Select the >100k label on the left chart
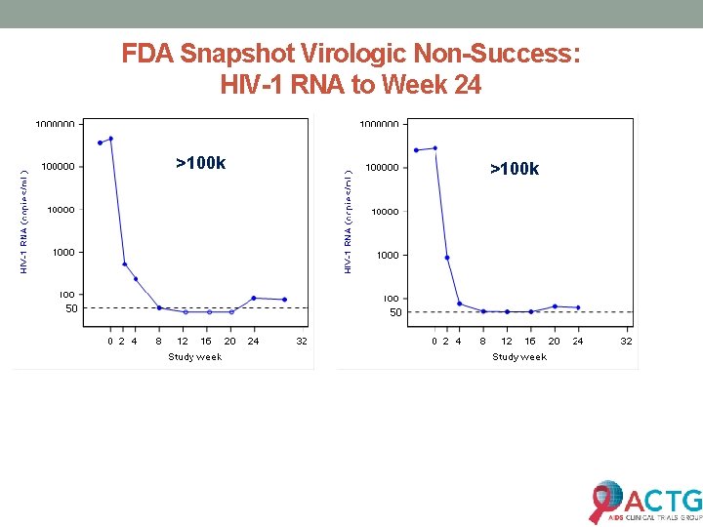(x=200, y=163)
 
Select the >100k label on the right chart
(x=515, y=169)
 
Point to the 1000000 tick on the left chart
(x=56, y=125)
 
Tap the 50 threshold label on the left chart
(x=71, y=308)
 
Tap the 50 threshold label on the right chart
(x=395, y=313)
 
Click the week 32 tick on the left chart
(x=302, y=341)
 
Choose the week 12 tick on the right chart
(x=507, y=341)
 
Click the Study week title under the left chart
(x=194, y=356)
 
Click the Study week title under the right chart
(x=519, y=356)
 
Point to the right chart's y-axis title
(x=349, y=218)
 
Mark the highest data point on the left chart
(x=111, y=139)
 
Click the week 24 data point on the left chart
(x=254, y=298)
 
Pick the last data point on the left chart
(x=284, y=300)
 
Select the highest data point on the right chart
(x=434, y=148)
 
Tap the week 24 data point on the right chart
(x=578, y=307)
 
